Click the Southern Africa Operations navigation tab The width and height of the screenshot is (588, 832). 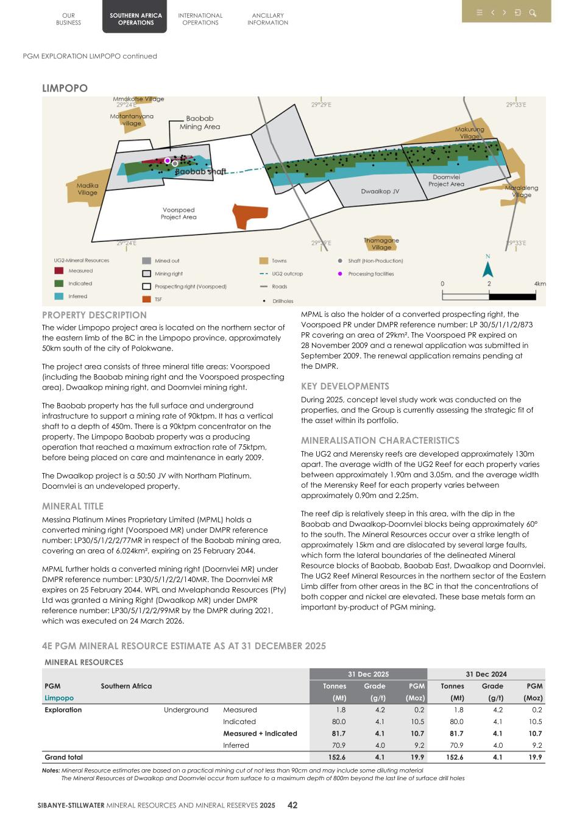click(136, 19)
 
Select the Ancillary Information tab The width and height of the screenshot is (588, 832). click(267, 19)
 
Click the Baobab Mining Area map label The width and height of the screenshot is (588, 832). click(199, 123)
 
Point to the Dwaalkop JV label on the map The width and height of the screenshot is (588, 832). click(380, 191)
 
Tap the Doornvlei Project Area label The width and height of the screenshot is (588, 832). click(446, 180)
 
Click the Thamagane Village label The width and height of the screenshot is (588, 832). click(381, 244)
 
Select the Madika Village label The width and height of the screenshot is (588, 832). click(87, 189)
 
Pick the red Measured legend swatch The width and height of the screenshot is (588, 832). click(58, 271)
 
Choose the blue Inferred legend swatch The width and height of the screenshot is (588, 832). click(58, 296)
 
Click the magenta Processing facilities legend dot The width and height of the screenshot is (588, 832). click(340, 274)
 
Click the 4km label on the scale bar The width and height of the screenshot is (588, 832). click(539, 283)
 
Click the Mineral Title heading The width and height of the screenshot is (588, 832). click(73, 506)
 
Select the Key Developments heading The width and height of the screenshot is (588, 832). click(345, 386)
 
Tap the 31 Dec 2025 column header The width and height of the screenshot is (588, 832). click(368, 674)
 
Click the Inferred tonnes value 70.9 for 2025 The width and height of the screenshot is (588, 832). click(339, 745)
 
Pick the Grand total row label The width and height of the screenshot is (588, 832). click(63, 757)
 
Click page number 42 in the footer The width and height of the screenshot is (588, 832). click(292, 805)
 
